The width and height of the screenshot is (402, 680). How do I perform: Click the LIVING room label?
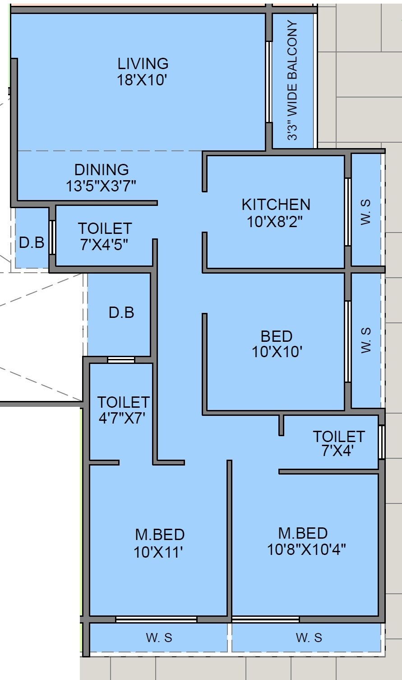(x=143, y=63)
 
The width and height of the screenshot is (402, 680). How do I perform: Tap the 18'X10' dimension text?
(x=143, y=80)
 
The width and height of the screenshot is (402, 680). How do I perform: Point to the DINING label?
(x=102, y=170)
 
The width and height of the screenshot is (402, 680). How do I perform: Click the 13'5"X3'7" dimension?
(x=102, y=186)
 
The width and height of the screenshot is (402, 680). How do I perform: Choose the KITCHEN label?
(x=276, y=205)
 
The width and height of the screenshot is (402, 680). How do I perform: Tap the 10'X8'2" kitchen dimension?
(x=276, y=221)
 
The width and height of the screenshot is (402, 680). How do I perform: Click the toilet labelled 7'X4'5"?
(x=105, y=236)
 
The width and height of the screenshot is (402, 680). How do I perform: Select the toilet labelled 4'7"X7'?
(x=123, y=409)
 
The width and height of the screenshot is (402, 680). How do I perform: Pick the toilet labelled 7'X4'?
(x=338, y=443)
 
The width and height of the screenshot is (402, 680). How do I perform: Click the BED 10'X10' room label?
(x=276, y=344)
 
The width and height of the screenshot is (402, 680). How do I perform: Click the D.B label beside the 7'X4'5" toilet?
(x=32, y=242)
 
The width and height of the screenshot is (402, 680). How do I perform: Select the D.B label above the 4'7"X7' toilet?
(x=121, y=312)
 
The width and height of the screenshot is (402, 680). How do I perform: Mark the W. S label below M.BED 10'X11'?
(x=159, y=638)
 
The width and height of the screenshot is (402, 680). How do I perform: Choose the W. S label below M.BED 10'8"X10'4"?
(x=309, y=638)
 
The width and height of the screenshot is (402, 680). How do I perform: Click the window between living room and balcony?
(x=268, y=82)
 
